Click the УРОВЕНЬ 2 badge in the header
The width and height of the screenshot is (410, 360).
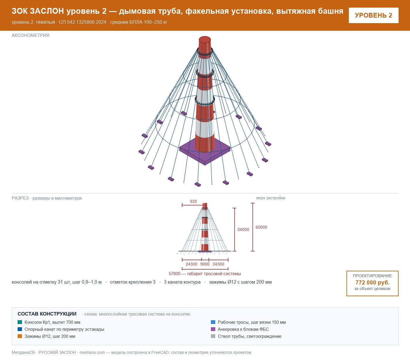[373, 16]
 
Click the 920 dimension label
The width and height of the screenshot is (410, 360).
[193, 201]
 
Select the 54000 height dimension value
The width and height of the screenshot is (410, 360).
[243, 229]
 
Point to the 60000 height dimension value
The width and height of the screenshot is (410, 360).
[261, 227]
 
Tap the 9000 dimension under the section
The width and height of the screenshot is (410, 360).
[205, 264]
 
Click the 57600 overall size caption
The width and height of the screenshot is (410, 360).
[205, 274]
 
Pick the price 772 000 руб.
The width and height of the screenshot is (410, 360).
[372, 282]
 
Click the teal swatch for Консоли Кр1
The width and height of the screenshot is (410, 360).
[20, 322]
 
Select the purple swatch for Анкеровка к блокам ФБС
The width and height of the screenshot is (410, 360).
[213, 329]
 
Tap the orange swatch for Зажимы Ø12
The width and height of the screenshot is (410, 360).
[20, 336]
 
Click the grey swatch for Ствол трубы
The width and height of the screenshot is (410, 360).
[213, 336]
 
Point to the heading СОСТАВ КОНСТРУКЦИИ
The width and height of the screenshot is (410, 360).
[47, 314]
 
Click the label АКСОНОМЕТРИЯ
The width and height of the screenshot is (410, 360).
[30, 35]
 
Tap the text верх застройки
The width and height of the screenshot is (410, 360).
[271, 198]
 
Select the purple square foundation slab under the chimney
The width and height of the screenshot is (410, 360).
[205, 154]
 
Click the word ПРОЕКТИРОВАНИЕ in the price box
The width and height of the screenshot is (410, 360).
[372, 276]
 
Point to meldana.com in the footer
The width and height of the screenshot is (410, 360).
[92, 352]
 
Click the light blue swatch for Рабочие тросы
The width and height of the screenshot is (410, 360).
[213, 322]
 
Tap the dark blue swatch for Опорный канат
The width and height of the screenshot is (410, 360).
[20, 329]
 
